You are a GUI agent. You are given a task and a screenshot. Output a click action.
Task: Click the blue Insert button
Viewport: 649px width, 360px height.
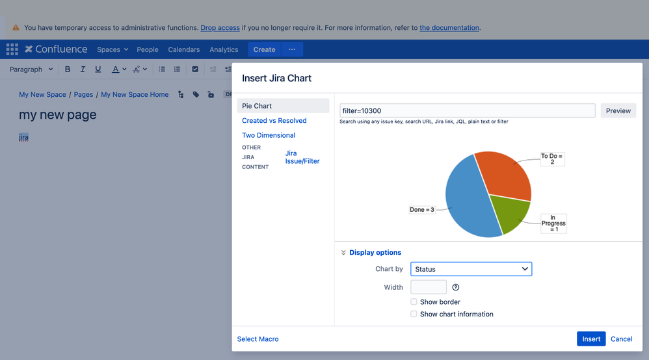pos(591,339)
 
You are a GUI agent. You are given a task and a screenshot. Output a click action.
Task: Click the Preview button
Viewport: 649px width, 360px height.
pos(618,110)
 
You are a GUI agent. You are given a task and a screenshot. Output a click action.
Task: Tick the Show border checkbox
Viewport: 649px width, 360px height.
pos(414,302)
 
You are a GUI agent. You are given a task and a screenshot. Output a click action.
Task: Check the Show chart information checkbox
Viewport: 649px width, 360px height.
pos(414,314)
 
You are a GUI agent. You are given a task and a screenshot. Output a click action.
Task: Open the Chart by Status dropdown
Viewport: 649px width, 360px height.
pos(471,269)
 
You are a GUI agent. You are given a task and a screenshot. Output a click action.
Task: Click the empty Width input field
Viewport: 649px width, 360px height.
pos(429,287)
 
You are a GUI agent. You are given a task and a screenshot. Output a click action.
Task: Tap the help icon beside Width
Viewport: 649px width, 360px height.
pos(456,287)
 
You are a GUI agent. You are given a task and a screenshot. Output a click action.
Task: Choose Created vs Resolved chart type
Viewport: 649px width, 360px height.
pos(274,120)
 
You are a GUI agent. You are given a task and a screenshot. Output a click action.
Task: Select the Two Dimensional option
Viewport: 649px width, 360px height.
pos(269,135)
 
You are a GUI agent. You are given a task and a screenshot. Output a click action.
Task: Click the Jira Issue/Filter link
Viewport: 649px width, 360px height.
pos(302,157)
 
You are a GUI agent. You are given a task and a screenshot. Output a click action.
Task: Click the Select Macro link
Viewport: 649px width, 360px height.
pos(258,339)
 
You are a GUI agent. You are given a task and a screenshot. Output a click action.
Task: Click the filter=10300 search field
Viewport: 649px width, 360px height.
pos(467,110)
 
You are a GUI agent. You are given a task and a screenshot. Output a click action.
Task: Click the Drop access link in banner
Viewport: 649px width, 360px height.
pos(220,28)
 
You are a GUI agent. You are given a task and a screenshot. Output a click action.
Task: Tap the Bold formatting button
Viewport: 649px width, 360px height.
pos(68,69)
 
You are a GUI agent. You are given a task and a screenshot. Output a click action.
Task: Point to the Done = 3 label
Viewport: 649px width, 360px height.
pos(422,210)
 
